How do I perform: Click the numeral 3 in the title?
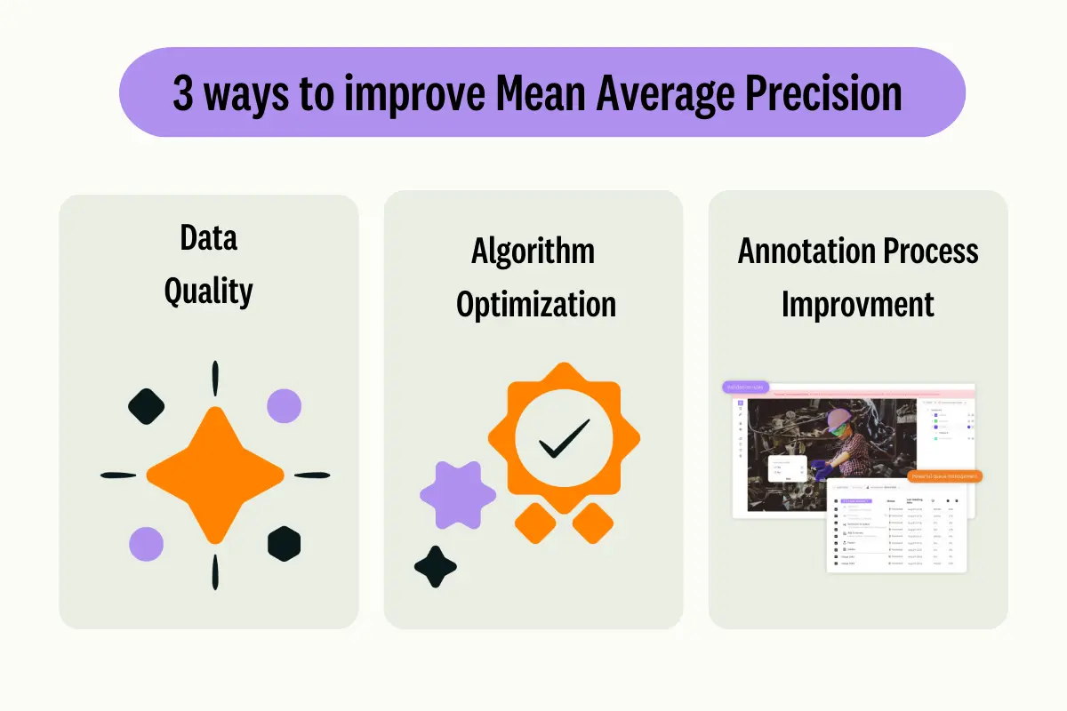tap(182, 94)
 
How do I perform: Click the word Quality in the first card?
tap(209, 292)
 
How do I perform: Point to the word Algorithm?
tap(533, 252)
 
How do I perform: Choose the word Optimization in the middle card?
tap(535, 304)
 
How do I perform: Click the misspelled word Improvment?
tap(857, 304)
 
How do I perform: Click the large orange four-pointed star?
tap(213, 475)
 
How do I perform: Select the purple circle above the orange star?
tap(284, 405)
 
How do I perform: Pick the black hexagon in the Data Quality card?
tap(284, 543)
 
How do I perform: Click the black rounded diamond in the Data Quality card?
tap(147, 406)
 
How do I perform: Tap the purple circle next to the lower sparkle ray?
tap(146, 543)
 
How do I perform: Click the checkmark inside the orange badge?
tap(564, 438)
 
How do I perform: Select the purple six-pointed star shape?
tap(457, 495)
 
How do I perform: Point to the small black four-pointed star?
tap(436, 567)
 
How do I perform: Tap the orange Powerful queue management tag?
tap(944, 476)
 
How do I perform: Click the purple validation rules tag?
tap(745, 387)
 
